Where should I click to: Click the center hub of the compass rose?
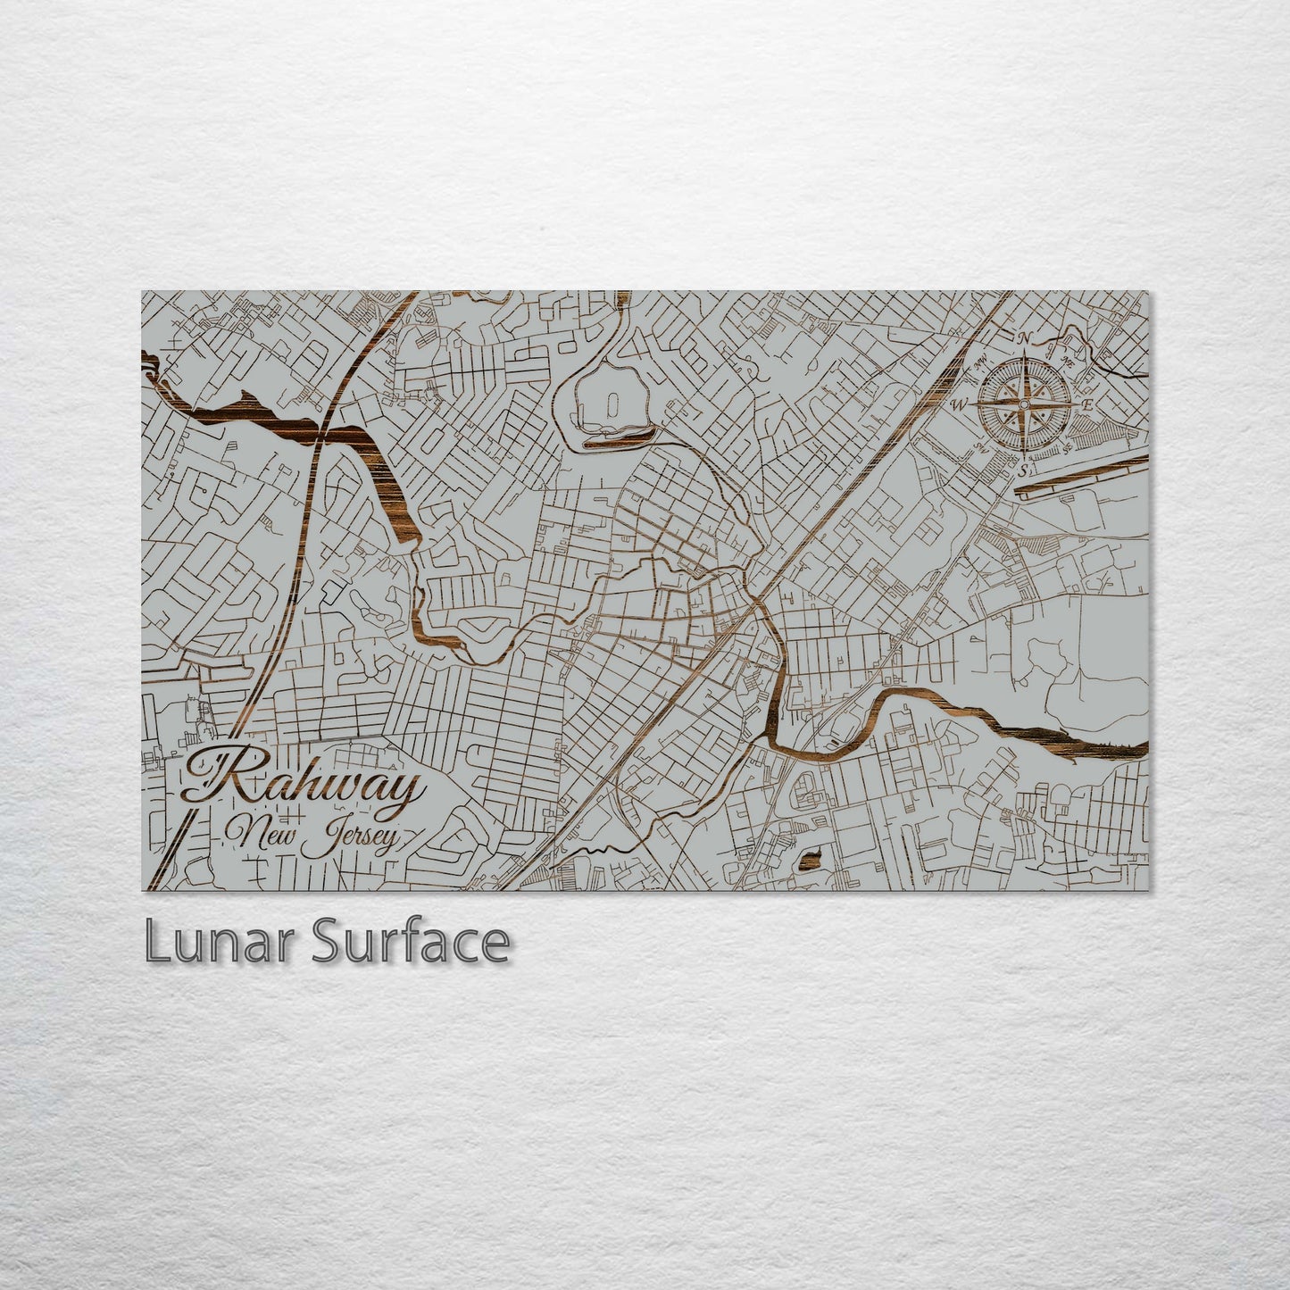click(1025, 404)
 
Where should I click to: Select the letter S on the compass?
click(1024, 470)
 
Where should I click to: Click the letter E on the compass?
click(1087, 404)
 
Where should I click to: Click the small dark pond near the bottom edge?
click(811, 860)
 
